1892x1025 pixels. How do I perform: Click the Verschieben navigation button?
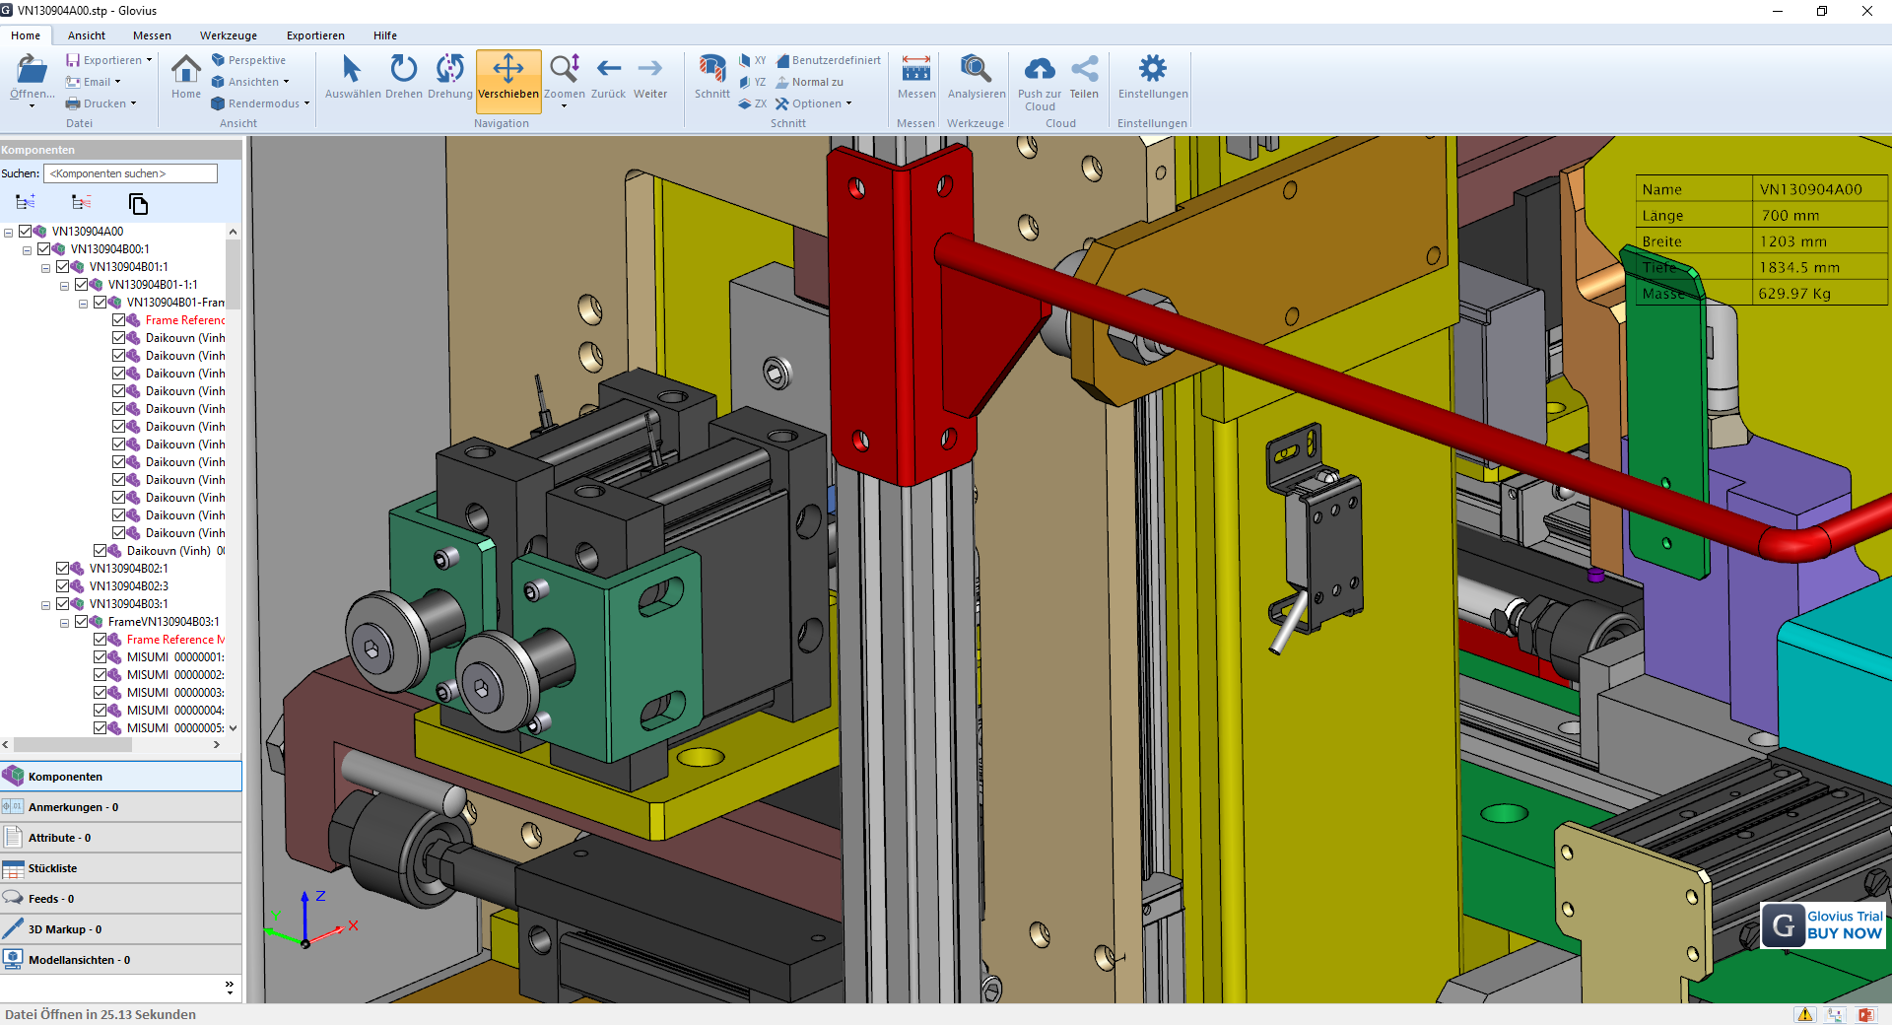pyautogui.click(x=507, y=76)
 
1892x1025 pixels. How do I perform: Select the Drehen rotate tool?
pyautogui.click(x=403, y=76)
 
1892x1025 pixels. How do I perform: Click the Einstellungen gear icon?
pyautogui.click(x=1152, y=69)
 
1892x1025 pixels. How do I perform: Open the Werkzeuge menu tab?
pyautogui.click(x=228, y=35)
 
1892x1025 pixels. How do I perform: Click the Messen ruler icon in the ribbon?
pyautogui.click(x=915, y=69)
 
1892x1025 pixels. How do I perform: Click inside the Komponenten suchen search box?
pyautogui.click(x=130, y=173)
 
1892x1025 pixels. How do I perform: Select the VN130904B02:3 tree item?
pyautogui.click(x=128, y=586)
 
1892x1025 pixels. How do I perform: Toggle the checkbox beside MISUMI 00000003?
pyautogui.click(x=100, y=693)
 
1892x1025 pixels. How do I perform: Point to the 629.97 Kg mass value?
pyautogui.click(x=1794, y=294)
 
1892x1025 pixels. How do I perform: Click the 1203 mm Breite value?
pyautogui.click(x=1792, y=241)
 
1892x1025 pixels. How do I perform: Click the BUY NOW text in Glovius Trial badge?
pyautogui.click(x=1844, y=933)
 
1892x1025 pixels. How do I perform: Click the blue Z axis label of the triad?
pyautogui.click(x=320, y=896)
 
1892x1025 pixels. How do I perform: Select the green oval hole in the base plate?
pyautogui.click(x=1504, y=813)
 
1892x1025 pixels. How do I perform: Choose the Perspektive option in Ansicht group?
pyautogui.click(x=256, y=60)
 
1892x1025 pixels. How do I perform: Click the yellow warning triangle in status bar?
pyautogui.click(x=1804, y=1014)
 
